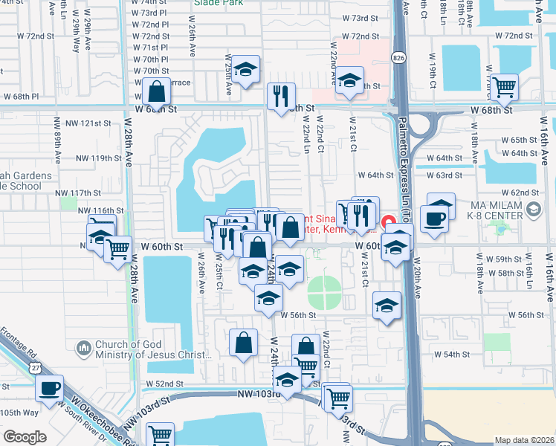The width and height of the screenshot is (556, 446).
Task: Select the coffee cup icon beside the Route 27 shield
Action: click(51, 388)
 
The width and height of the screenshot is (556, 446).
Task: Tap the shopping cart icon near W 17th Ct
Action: click(505, 87)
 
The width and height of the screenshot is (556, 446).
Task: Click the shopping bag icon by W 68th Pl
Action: click(157, 92)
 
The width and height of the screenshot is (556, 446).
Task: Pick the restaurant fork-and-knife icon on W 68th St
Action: click(281, 97)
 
